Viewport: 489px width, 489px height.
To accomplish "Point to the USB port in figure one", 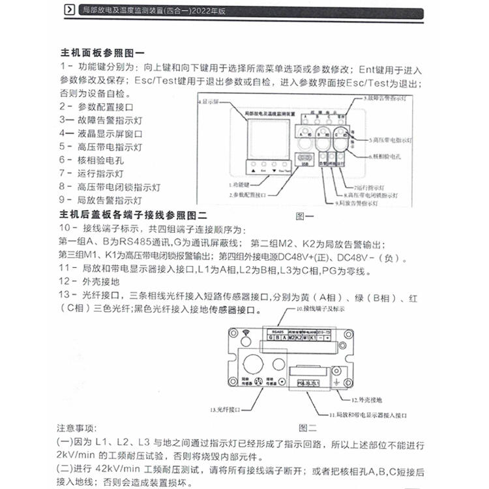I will pos(304,160).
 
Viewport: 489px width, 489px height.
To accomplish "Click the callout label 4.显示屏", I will pos(211,103).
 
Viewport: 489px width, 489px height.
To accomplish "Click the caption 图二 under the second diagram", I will pos(307,428).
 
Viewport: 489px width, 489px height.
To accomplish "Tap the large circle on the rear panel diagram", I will pos(252,363).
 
